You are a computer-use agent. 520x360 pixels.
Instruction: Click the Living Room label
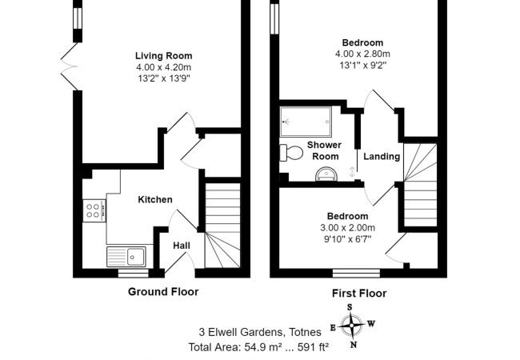pos(163,56)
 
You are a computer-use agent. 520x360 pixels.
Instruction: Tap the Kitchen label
pos(155,199)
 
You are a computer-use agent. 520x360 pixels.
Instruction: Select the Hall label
pos(182,246)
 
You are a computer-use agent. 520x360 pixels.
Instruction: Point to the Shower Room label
pos(324,150)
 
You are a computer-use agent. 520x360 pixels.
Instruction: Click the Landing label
pos(382,156)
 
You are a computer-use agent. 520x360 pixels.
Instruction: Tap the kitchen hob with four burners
pos(94,210)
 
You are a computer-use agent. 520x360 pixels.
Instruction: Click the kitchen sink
pos(126,257)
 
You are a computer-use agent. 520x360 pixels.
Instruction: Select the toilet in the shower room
pos(291,153)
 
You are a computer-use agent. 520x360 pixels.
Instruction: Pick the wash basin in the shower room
pos(326,174)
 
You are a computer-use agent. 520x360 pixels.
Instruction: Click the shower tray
pos(306,122)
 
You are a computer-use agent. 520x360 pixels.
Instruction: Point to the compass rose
pos(352,326)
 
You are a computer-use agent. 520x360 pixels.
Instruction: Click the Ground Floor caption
pos(163,292)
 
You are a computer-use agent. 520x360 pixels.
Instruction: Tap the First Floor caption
pos(359,294)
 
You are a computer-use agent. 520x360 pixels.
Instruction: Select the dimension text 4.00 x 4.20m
pos(163,67)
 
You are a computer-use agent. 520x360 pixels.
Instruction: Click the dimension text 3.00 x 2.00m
pos(347,228)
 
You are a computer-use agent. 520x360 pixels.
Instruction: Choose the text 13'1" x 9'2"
pos(363,66)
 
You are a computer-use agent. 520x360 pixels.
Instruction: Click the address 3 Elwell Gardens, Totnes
pos(260,332)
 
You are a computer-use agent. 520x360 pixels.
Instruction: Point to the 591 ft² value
pos(313,347)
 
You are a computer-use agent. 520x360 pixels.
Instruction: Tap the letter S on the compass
pos(350,307)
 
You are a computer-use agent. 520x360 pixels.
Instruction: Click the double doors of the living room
pos(70,66)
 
